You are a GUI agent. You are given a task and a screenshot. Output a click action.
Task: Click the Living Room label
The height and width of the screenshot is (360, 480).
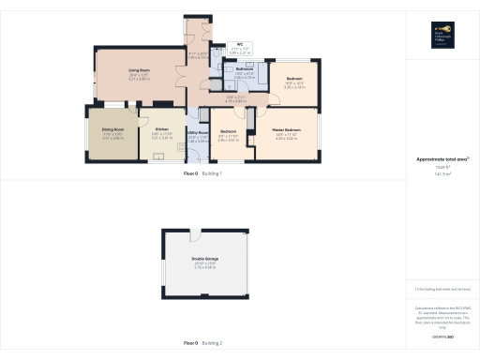point(139,70)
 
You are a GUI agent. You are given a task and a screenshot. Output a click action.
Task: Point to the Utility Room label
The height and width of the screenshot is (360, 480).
point(198,133)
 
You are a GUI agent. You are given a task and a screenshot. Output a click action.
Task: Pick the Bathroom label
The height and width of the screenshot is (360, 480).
point(245,69)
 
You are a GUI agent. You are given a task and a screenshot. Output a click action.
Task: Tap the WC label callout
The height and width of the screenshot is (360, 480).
point(240,45)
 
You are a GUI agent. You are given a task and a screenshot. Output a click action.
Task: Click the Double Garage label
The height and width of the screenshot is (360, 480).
point(204,258)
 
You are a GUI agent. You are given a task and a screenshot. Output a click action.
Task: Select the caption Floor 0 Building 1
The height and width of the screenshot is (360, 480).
point(202,174)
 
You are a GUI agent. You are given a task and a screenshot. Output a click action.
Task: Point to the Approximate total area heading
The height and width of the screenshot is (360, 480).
point(442,159)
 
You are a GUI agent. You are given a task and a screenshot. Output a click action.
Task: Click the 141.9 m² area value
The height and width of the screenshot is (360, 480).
point(442,173)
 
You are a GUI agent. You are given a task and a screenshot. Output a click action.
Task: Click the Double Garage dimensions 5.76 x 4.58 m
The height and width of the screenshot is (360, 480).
point(204,267)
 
